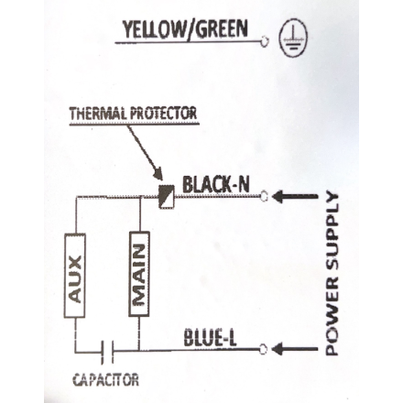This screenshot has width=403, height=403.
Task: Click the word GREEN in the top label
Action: (x=222, y=29)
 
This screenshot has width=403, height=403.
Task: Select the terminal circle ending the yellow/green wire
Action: (x=265, y=41)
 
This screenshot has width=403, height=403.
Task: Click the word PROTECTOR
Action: (x=164, y=114)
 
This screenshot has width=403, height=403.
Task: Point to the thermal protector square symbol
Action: (x=167, y=196)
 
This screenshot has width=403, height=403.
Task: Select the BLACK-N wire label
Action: (x=216, y=184)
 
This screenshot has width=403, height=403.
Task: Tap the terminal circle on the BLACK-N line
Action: (x=264, y=196)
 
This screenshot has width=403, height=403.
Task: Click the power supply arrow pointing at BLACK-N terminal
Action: (x=295, y=196)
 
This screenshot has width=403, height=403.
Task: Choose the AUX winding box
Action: (x=75, y=276)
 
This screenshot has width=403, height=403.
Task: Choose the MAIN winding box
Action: (x=139, y=274)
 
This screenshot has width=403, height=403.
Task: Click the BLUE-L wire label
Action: (x=210, y=338)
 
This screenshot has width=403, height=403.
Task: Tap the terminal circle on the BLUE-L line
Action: (x=264, y=349)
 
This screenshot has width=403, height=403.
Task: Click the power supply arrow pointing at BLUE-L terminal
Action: (x=295, y=349)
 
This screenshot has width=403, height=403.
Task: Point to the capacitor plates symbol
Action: (x=107, y=352)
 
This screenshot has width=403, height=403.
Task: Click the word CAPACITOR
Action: (x=105, y=380)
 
